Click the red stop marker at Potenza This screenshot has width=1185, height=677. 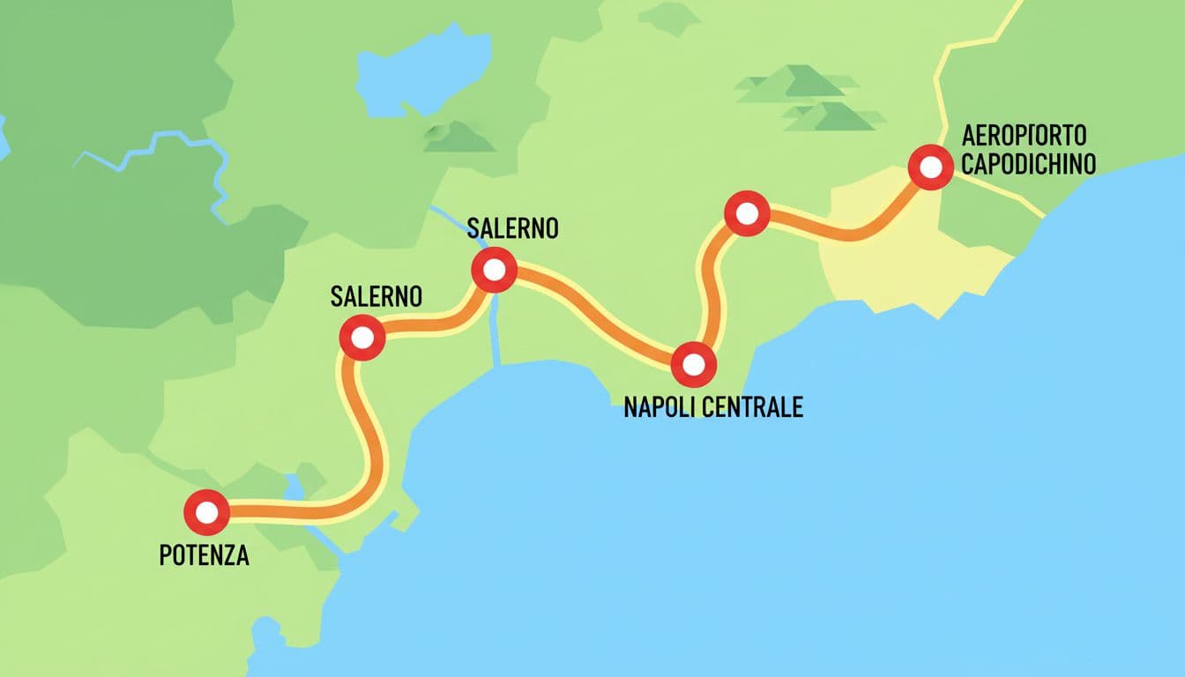[x=206, y=511]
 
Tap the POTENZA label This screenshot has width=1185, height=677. [x=204, y=556]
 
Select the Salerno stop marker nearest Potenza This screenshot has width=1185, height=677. [x=361, y=337]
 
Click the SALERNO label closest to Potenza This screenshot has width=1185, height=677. [x=376, y=296]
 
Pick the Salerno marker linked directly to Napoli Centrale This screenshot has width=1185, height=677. [x=494, y=270]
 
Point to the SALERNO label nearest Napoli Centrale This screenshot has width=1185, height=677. [x=513, y=228]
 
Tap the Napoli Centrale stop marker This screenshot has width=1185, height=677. [x=694, y=364]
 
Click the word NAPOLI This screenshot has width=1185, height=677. [x=663, y=406]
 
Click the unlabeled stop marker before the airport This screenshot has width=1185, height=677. [x=746, y=212]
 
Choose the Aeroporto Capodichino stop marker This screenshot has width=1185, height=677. [x=930, y=167]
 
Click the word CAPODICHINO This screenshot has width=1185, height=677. [x=1028, y=164]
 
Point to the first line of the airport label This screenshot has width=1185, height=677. [x=1024, y=136]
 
